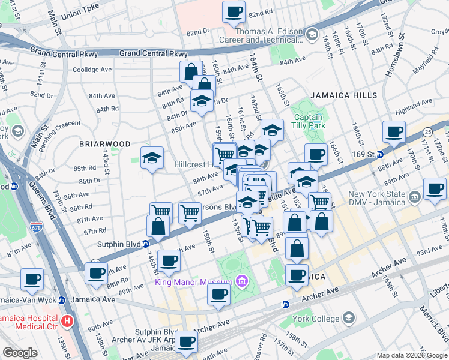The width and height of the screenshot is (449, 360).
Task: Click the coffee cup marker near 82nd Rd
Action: tap(234, 12)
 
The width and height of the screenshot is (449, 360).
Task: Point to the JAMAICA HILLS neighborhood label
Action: tap(343, 95)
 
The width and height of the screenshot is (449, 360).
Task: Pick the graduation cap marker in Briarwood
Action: tap(152, 158)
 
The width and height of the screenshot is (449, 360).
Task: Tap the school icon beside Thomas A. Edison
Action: tap(312, 35)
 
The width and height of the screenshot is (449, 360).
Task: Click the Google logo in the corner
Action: tap(20, 353)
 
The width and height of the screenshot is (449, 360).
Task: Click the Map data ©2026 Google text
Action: tap(411, 355)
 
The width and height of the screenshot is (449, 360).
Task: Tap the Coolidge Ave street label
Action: tap(92, 69)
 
